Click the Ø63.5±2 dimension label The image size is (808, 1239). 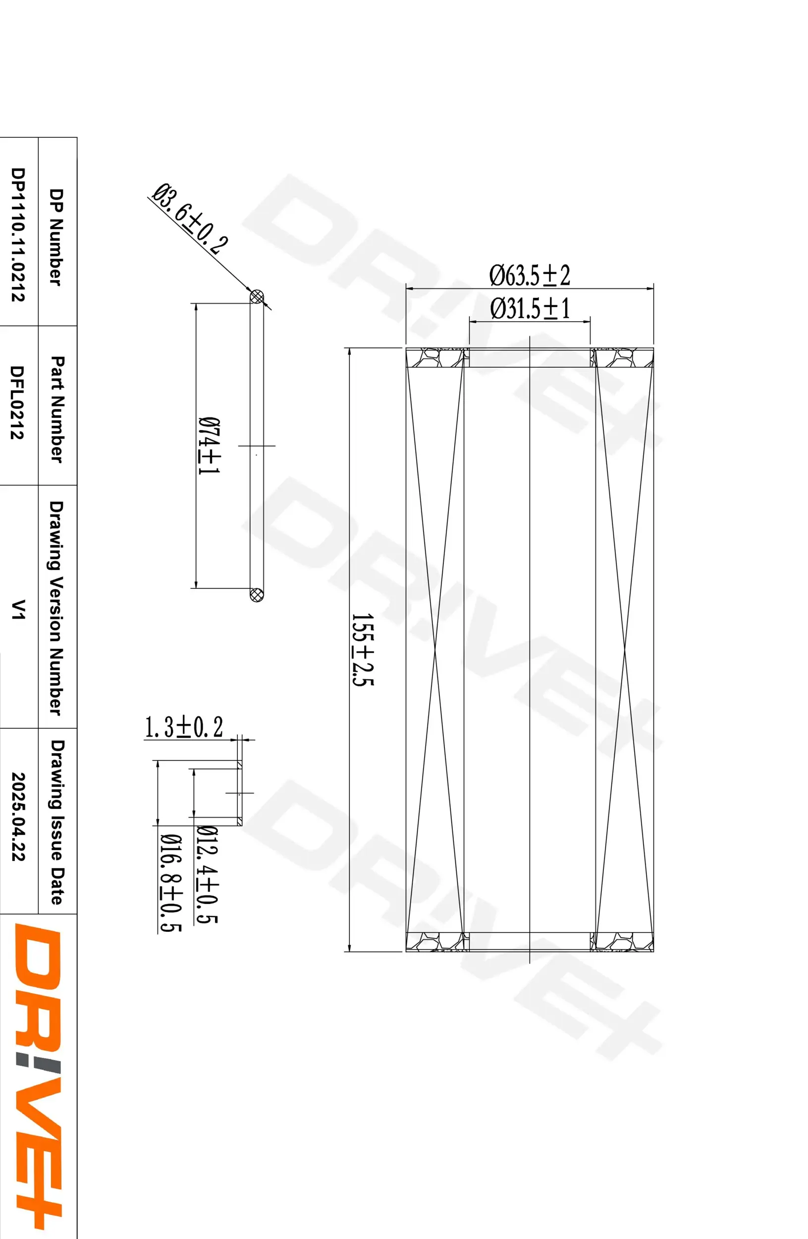pos(529,276)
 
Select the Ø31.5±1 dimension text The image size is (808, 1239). pos(529,309)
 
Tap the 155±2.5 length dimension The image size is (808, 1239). pos(363,650)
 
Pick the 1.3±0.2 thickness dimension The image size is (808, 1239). pos(184,728)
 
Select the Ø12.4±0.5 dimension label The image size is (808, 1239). pos(207,875)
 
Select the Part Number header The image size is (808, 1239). pos(57,409)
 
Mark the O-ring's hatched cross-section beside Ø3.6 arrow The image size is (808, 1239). pos(257,297)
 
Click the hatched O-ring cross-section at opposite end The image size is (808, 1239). pos(257,594)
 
